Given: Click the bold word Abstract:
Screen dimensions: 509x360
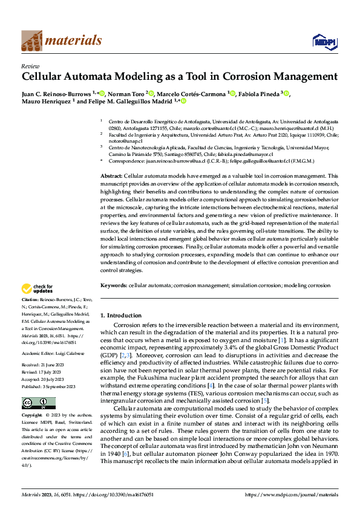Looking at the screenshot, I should [115, 175].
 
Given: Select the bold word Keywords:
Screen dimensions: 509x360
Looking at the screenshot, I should [113, 284].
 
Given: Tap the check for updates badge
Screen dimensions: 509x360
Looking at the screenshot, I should [38, 288].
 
